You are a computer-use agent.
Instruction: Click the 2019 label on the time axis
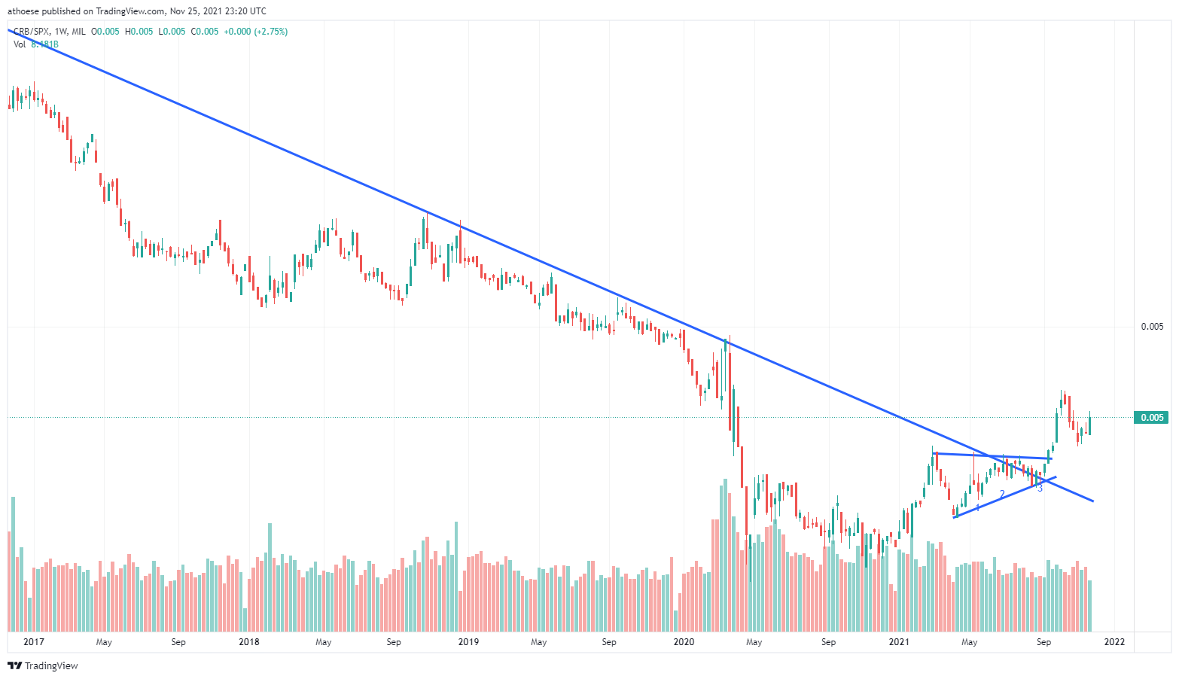pos(468,642)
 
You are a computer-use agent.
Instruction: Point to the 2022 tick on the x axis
pos(1114,642)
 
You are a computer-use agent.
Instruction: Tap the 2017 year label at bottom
pos(34,642)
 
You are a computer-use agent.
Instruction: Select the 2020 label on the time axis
pos(684,642)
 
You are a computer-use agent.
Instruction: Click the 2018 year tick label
pos(248,642)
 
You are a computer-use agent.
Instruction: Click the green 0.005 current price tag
pos(1151,418)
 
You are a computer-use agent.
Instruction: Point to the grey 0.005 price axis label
pos(1152,327)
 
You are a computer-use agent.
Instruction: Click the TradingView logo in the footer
pos(43,665)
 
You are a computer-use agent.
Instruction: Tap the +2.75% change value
pos(272,32)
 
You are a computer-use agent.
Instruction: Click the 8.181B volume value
pos(44,44)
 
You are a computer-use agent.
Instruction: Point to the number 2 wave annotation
pos(1002,494)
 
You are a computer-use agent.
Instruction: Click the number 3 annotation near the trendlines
pos(1040,489)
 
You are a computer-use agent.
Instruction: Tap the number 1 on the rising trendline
pos(977,508)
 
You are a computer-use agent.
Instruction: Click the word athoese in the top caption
pos(23,11)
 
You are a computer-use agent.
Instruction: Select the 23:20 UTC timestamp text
pos(239,11)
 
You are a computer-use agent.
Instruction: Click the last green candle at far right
pos(1089,425)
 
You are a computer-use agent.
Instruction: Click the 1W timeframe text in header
pos(61,32)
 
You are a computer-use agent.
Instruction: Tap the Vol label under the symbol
pos(20,44)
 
